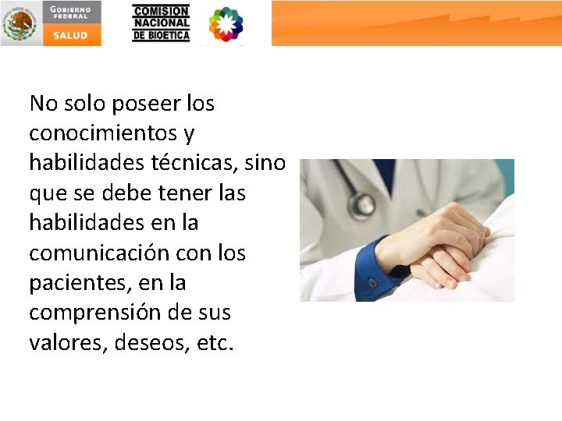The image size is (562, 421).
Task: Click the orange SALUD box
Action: click(71, 35)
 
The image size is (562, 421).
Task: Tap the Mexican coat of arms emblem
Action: click(20, 23)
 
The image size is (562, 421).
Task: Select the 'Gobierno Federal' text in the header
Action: click(71, 11)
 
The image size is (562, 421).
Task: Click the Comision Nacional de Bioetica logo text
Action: click(161, 23)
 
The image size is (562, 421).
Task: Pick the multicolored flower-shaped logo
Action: click(226, 24)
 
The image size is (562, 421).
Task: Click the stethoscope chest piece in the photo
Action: click(362, 203)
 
